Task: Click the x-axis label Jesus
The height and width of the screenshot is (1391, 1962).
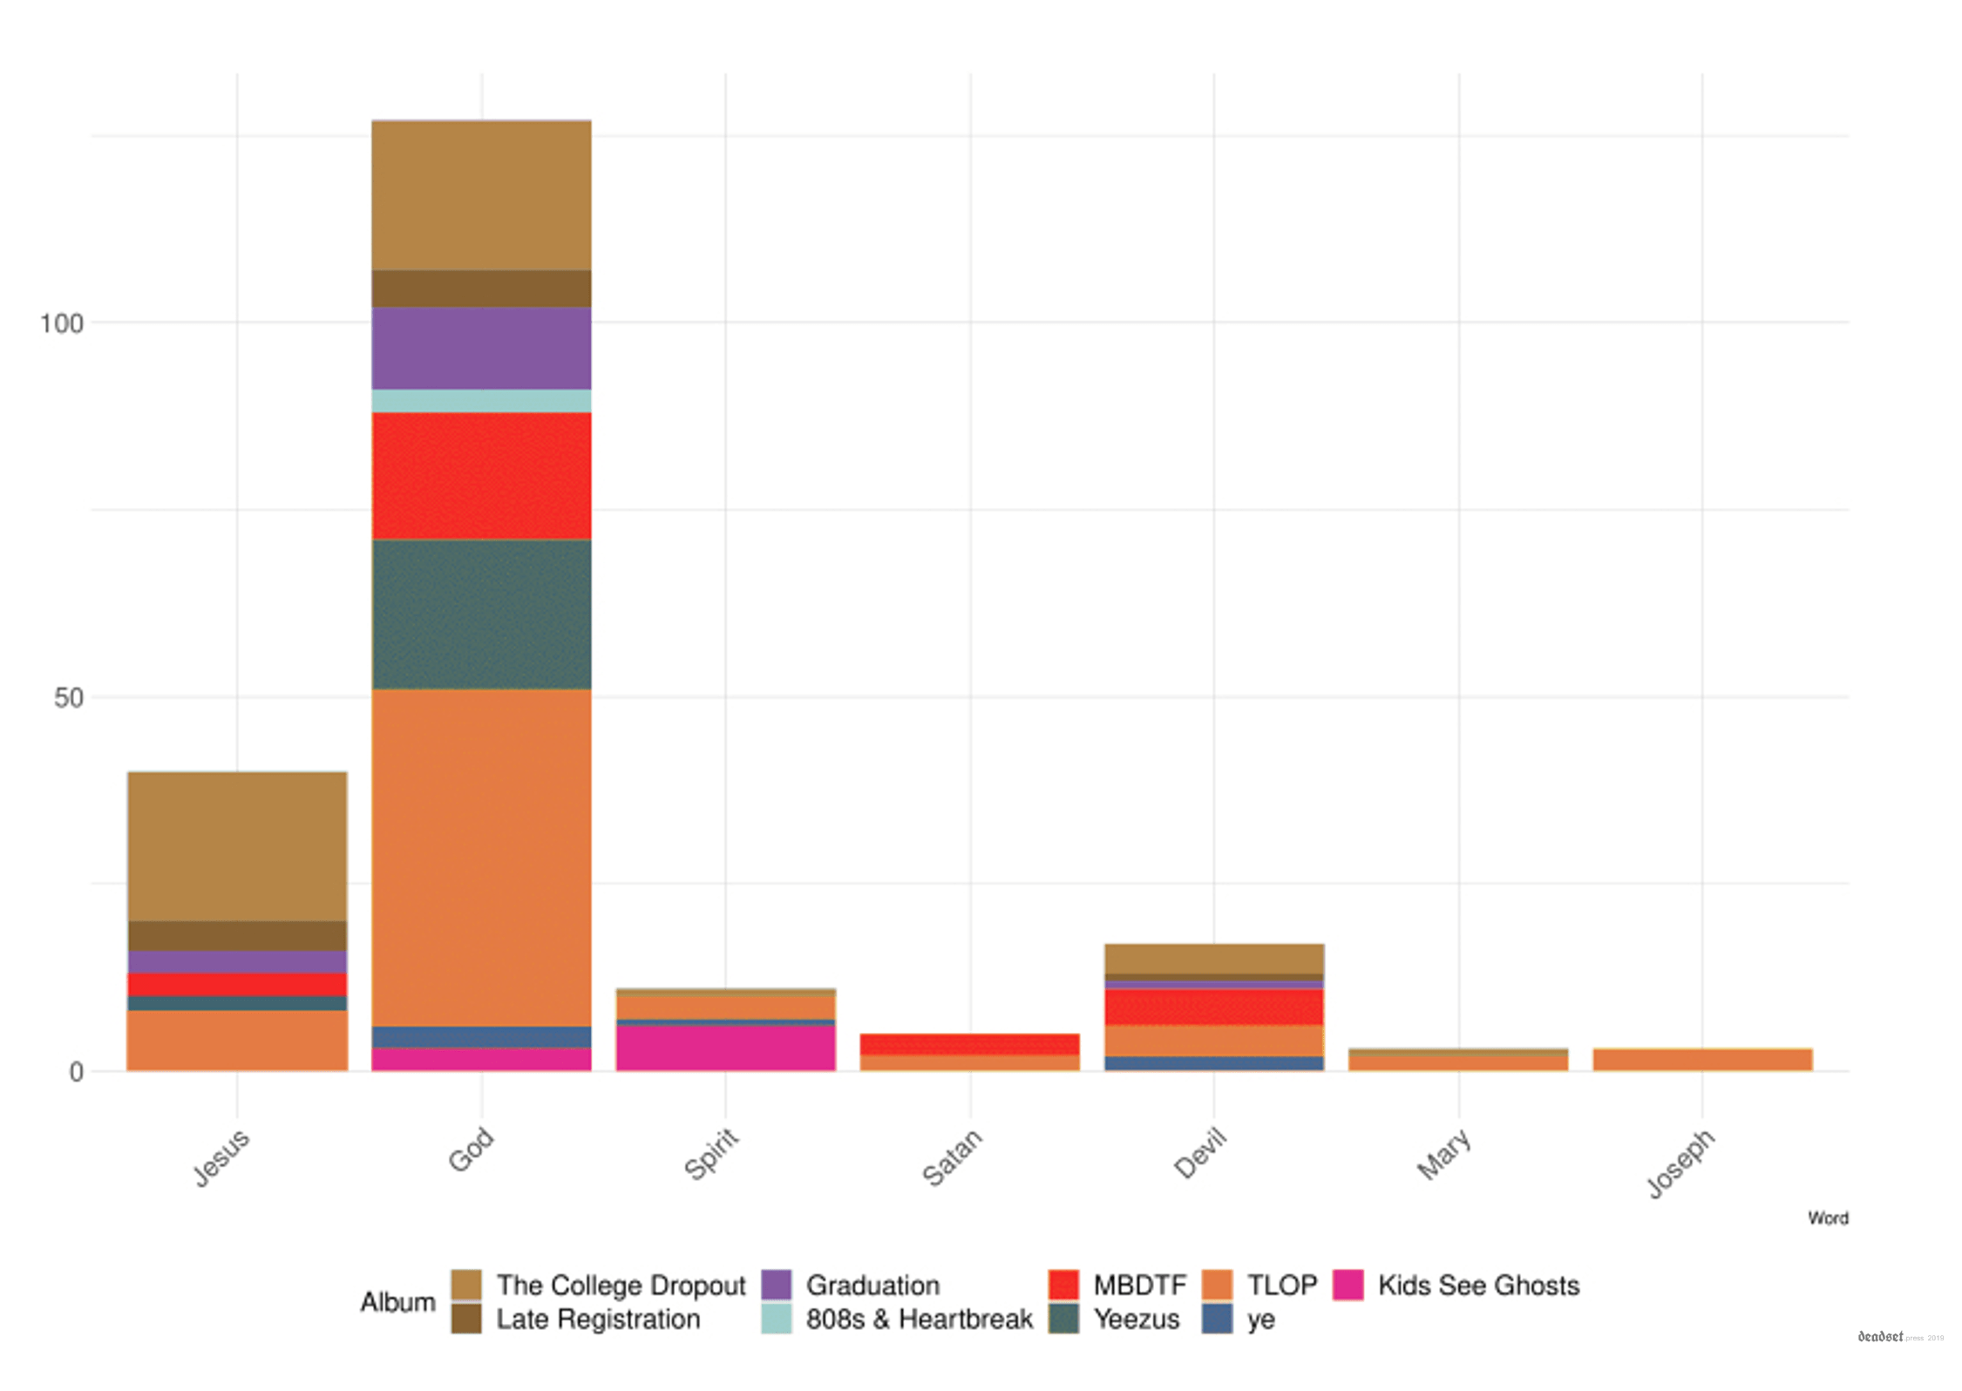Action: click(x=222, y=1157)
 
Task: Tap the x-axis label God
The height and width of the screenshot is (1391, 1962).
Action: click(x=471, y=1150)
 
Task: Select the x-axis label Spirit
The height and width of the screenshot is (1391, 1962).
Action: click(x=712, y=1154)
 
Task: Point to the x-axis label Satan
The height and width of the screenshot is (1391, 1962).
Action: click(x=953, y=1157)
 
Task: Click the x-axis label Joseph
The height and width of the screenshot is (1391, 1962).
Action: click(x=1680, y=1164)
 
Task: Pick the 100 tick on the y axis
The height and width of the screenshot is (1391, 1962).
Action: click(x=61, y=324)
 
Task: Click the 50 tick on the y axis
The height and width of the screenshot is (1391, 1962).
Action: click(x=68, y=698)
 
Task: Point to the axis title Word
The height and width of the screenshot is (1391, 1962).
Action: click(x=1827, y=1218)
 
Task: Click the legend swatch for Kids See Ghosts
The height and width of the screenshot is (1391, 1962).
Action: click(x=1348, y=1285)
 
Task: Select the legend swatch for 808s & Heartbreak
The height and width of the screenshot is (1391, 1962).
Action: click(x=776, y=1319)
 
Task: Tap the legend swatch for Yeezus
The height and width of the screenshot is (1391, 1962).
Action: click(x=1063, y=1319)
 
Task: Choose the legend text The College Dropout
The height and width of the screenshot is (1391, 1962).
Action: click(x=621, y=1285)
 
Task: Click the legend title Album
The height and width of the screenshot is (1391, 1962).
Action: click(x=397, y=1302)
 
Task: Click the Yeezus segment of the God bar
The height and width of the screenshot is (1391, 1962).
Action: click(x=481, y=614)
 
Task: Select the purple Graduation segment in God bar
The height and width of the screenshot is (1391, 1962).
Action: click(x=481, y=348)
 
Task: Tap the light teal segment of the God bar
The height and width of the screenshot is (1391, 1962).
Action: click(x=481, y=401)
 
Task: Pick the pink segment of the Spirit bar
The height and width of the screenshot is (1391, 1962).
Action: click(x=725, y=1048)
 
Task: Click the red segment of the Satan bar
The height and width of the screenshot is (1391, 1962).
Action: click(x=969, y=1044)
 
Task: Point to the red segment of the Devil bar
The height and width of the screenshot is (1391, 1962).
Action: click(x=1213, y=1007)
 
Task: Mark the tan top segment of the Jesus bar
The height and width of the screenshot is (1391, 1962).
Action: click(x=237, y=846)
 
